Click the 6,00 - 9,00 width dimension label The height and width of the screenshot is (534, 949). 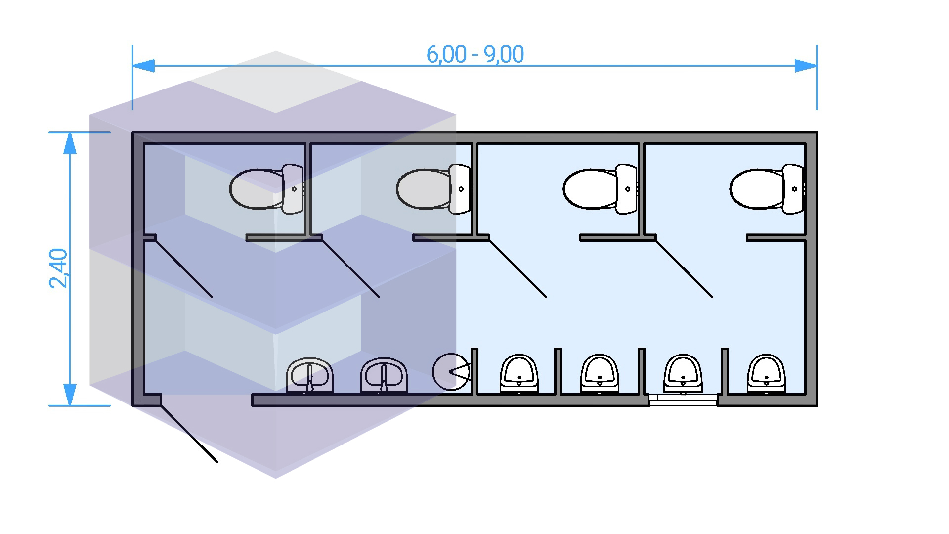pos(474,54)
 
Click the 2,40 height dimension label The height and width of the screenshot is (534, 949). pos(59,268)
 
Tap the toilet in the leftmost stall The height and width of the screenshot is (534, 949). pos(267,189)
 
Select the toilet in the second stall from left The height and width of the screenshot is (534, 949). pos(433,189)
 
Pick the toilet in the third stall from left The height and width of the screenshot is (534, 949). pos(600,189)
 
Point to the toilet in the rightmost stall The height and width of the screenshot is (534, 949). pos(767,189)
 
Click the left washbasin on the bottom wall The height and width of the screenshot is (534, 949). pos(310,375)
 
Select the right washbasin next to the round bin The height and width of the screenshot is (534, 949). pos(384,375)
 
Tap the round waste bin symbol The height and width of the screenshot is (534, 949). pos(451,372)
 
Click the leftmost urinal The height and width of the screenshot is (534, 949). pos(519,374)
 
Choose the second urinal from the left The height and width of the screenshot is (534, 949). pos(599,374)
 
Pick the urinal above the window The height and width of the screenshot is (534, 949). pos(683,374)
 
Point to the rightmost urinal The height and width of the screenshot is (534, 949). pos(766,374)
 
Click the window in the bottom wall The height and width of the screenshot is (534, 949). pos(683,400)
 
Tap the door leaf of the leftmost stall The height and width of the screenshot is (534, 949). pos(184,268)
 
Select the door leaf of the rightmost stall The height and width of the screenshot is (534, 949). pos(684,268)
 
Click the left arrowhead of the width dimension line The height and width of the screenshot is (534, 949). pos(143,66)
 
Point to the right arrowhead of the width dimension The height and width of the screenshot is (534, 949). pos(806,66)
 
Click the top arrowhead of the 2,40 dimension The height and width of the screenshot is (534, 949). pos(70,143)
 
